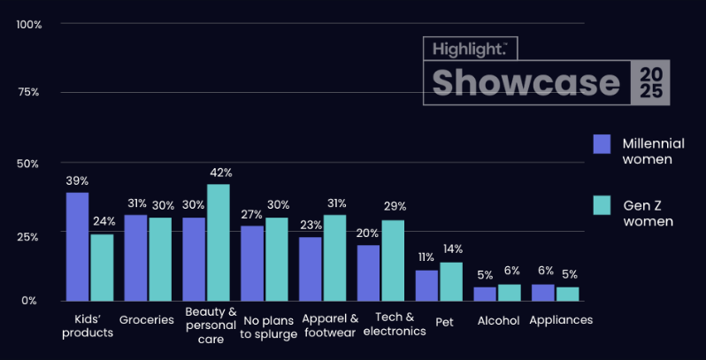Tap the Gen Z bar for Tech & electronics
coord(393,260)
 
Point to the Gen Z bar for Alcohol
coord(510,292)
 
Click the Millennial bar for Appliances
coord(543,292)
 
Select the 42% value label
coord(219,172)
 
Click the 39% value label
coord(77,180)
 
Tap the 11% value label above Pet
coord(426,257)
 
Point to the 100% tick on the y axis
coord(29,23)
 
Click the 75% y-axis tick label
coord(29,93)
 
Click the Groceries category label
coord(147,320)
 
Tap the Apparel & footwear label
coord(330,326)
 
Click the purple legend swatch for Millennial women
coord(602,144)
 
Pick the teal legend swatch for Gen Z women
coord(602,205)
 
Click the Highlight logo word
coord(465,48)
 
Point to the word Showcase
coord(526,82)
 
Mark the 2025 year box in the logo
coord(650,83)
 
